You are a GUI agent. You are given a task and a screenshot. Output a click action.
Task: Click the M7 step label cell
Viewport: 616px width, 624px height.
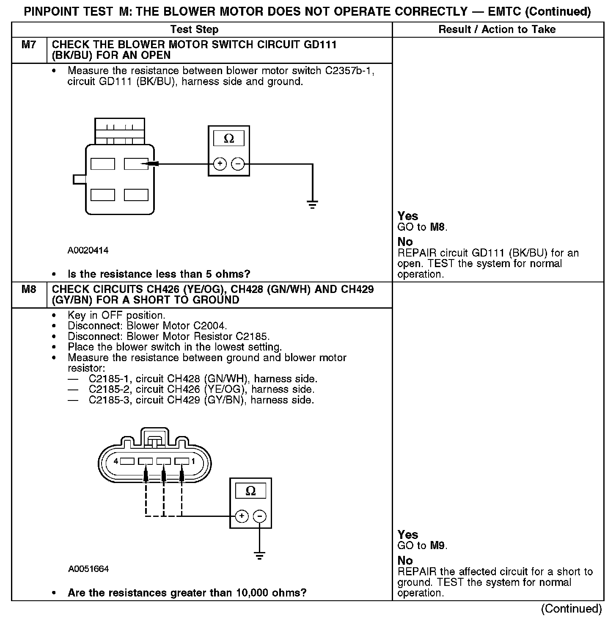pos(28,45)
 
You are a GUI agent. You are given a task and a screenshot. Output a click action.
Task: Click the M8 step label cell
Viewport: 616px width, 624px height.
pos(28,290)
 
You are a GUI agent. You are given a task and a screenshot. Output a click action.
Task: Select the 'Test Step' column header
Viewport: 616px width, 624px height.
pos(194,29)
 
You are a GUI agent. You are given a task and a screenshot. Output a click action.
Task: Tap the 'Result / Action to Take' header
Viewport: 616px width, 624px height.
pos(497,29)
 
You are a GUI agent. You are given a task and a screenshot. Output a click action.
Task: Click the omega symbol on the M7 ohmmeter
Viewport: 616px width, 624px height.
pos(228,139)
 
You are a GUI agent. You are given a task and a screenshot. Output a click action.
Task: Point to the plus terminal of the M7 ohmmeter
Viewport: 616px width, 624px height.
pos(220,164)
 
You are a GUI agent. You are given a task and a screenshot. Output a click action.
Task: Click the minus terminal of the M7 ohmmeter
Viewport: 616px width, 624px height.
pos(239,164)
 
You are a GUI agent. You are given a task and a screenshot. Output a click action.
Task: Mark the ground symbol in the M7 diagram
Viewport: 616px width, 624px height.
pos(312,205)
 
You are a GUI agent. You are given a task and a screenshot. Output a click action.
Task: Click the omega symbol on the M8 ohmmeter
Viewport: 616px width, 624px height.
pos(250,491)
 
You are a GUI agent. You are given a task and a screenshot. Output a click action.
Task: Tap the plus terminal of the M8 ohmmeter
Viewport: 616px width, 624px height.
pos(241,516)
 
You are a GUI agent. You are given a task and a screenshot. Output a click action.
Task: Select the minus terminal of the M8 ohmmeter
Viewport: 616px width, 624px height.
pos(260,516)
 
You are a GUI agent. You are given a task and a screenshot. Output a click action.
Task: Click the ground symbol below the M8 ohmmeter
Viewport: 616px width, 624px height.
pos(260,555)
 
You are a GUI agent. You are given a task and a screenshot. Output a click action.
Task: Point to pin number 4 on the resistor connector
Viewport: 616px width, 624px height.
pos(116,461)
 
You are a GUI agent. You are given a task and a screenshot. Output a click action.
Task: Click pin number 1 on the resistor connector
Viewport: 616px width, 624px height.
pos(193,461)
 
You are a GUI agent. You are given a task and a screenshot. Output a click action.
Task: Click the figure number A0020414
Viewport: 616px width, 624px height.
pos(88,251)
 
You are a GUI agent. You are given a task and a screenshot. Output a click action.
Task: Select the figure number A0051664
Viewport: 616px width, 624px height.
pos(88,569)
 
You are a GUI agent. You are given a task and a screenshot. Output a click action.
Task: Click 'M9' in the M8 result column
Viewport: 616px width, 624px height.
pos(438,546)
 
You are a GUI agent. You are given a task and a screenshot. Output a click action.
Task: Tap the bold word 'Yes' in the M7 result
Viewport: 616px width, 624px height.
pos(407,216)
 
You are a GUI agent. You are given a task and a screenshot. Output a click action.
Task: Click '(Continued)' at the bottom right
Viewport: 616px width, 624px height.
pos(571,609)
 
